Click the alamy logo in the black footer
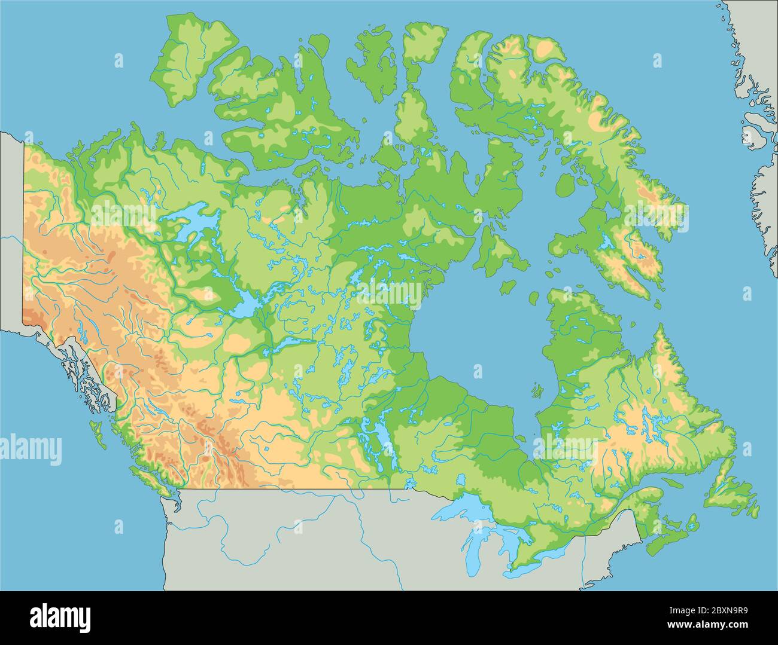60,616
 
